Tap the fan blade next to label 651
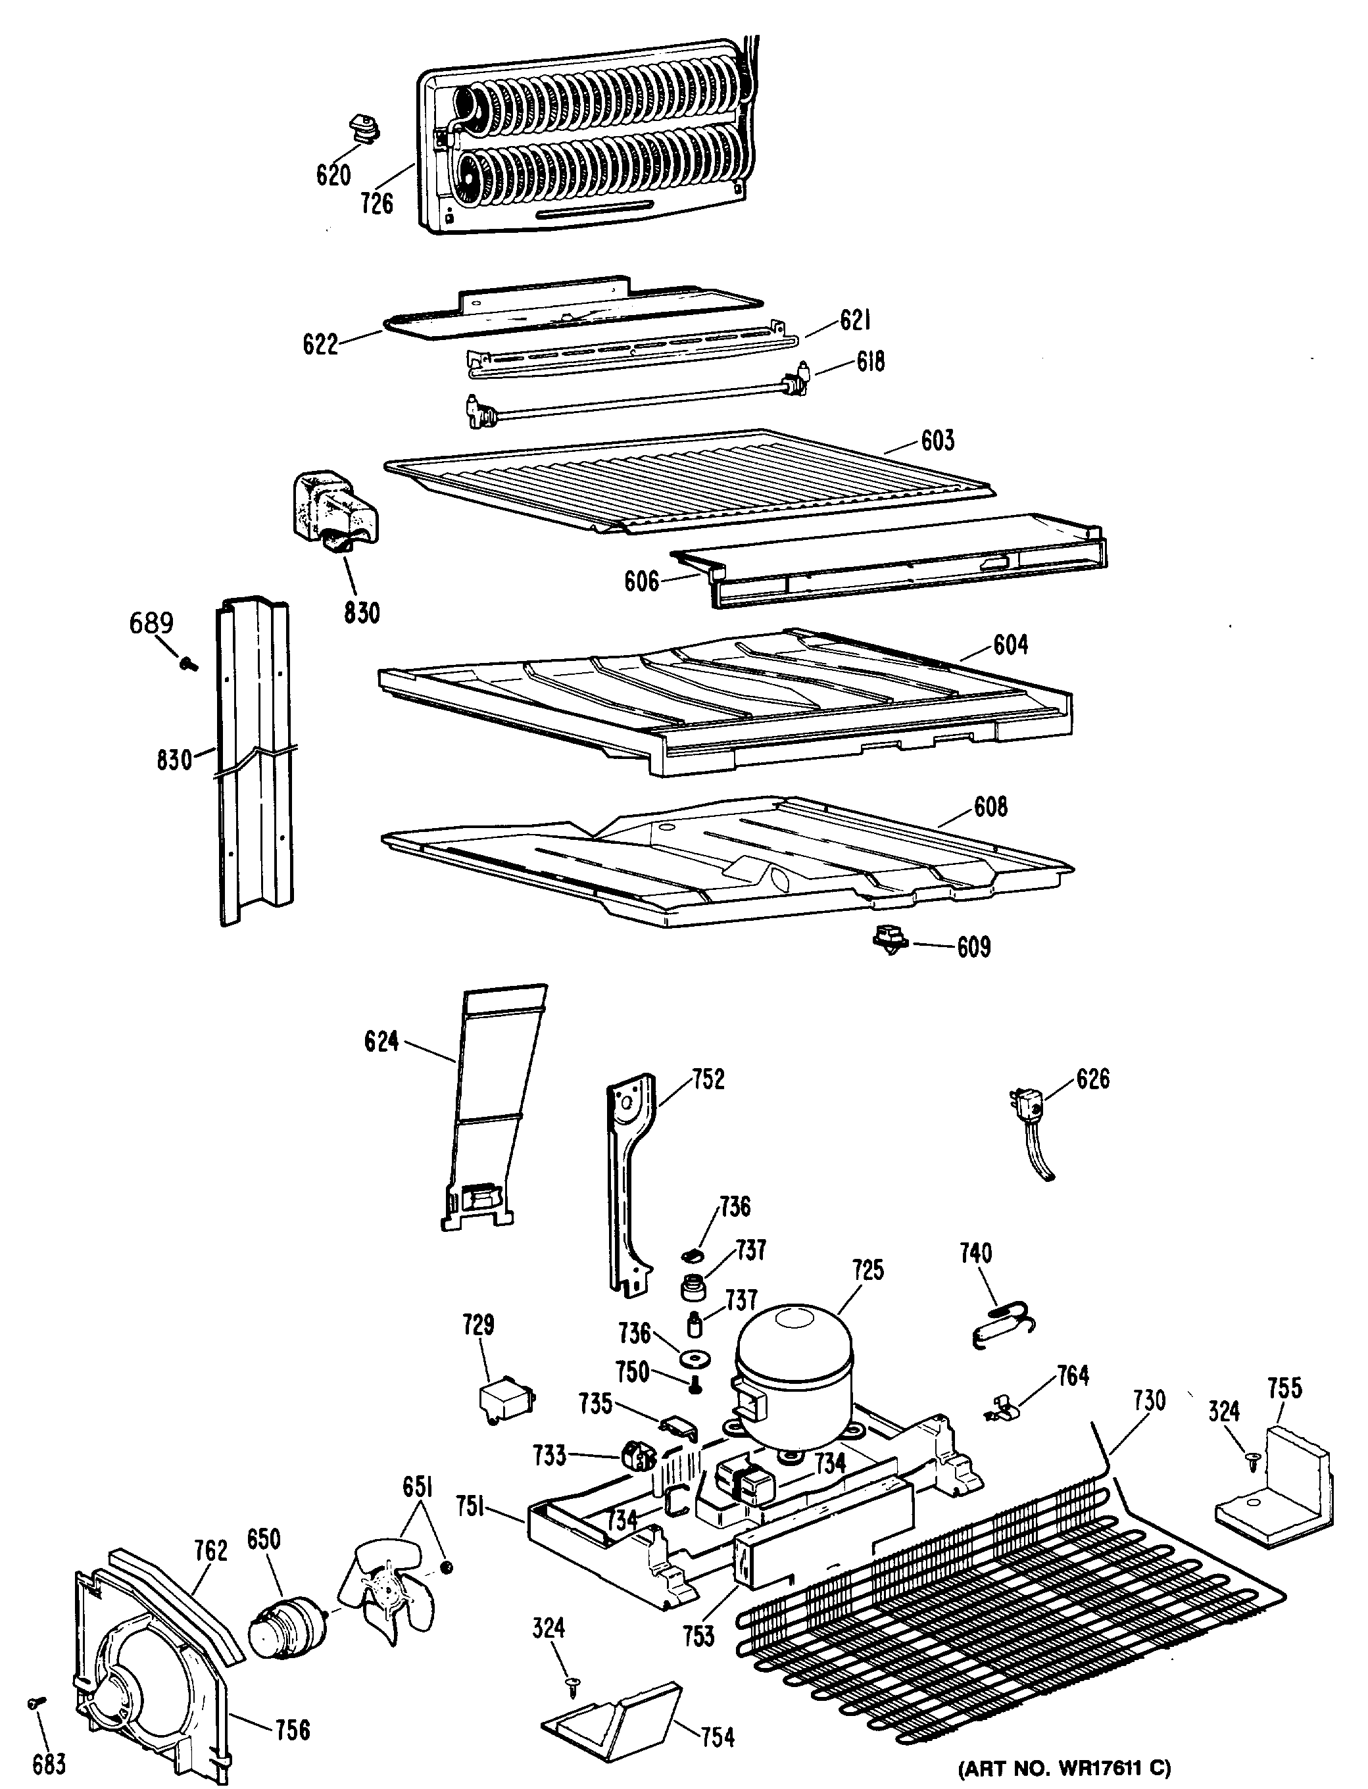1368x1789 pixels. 389,1581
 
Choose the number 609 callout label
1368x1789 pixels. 973,947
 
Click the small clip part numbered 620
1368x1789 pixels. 363,127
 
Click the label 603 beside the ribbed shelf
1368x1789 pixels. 937,441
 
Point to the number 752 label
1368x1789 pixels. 708,1080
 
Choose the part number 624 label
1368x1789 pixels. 381,1041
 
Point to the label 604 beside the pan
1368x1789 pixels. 1010,645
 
